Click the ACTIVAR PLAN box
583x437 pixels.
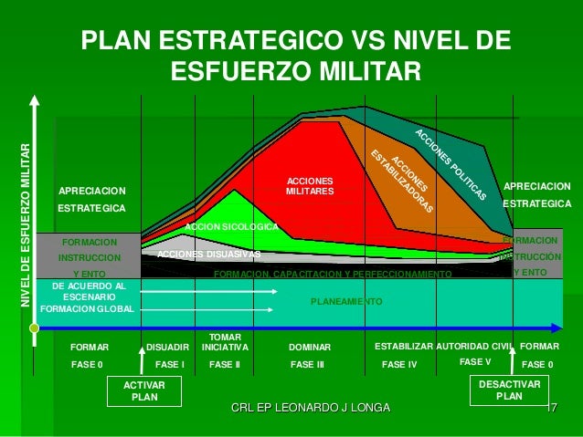pyautogui.click(x=144, y=391)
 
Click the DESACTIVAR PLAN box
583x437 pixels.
pyautogui.click(x=510, y=391)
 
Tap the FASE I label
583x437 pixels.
pyautogui.click(x=170, y=364)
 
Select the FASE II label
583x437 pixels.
pyautogui.click(x=224, y=364)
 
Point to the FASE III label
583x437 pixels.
pyautogui.click(x=307, y=364)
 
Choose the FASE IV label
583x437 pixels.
pyautogui.click(x=398, y=364)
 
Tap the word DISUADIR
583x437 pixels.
pyautogui.click(x=167, y=348)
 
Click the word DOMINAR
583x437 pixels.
pyautogui.click(x=309, y=348)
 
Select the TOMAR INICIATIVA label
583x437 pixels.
pyautogui.click(x=224, y=341)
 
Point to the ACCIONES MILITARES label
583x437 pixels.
pyautogui.click(x=310, y=186)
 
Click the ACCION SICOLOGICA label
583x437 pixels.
pyautogui.click(x=231, y=225)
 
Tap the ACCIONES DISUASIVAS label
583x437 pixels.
pyautogui.click(x=208, y=254)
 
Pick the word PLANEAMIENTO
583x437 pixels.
pyautogui.click(x=346, y=301)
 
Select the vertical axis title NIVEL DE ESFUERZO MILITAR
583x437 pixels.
pyautogui.click(x=25, y=224)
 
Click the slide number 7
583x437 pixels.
pyautogui.click(x=554, y=406)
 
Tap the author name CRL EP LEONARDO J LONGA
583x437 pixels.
pyautogui.click(x=311, y=406)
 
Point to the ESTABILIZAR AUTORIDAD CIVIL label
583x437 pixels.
pyautogui.click(x=445, y=348)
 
